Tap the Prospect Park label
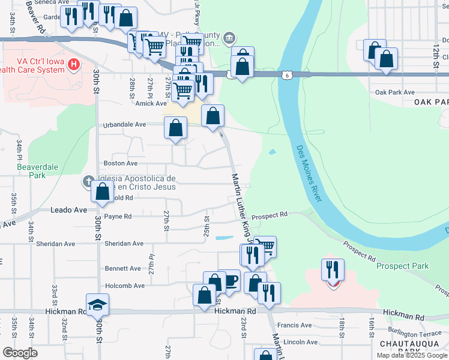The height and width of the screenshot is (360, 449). click(402, 265)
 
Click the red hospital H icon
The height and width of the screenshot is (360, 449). click(74, 64)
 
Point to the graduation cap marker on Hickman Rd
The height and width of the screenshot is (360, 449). click(97, 304)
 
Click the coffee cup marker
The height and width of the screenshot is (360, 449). click(229, 280)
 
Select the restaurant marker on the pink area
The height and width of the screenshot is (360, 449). click(333, 269)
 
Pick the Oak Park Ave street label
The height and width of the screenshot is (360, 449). click(394, 92)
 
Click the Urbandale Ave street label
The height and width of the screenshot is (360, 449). click(124, 124)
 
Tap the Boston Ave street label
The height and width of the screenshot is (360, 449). click(121, 163)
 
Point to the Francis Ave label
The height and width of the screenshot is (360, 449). click(298, 325)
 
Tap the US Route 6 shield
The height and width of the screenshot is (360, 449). click(287, 74)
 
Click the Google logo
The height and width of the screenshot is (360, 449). click(20, 353)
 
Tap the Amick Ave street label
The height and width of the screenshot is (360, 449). click(146, 104)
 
